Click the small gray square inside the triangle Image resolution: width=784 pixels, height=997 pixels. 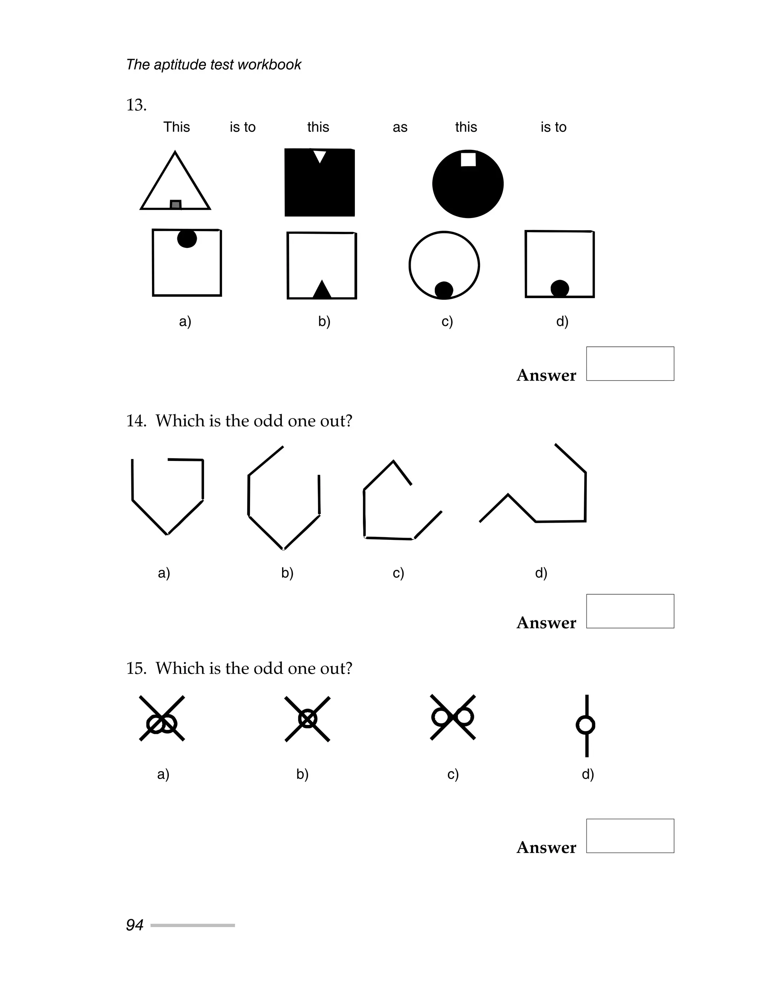(175, 205)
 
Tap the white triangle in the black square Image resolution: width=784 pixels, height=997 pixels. (320, 156)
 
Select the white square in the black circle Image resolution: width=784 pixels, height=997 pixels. (468, 159)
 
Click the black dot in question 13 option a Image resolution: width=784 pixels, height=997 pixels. (187, 238)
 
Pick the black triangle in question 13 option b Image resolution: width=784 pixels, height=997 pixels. (322, 290)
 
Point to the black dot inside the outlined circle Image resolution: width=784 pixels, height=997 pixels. (444, 290)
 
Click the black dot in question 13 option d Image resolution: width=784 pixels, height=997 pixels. (560, 289)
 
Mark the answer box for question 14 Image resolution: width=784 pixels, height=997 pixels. (630, 611)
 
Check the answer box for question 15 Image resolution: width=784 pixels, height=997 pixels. (630, 836)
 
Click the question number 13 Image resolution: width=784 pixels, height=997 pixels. (136, 105)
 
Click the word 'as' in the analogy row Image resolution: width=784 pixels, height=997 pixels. (400, 127)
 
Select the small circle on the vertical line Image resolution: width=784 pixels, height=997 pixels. (585, 725)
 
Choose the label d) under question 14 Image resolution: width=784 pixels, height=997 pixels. (541, 573)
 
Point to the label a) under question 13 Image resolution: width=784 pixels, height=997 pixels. (185, 321)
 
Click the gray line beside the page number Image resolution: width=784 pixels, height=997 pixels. (193, 925)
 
